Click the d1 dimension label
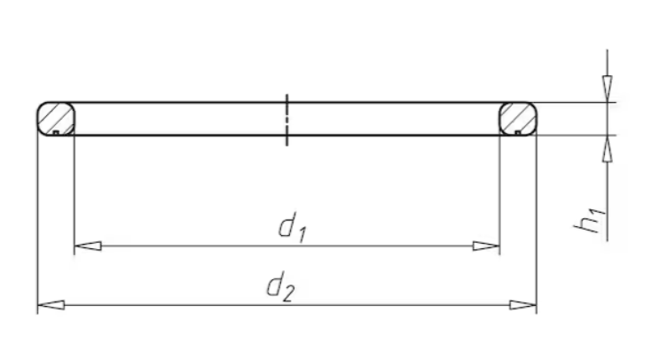coord(293,227)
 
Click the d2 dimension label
coord(281,286)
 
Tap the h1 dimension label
coord(590,220)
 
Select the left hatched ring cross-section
coord(56,119)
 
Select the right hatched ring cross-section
coord(518,119)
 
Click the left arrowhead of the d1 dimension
coord(88,247)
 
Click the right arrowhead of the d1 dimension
coord(486,247)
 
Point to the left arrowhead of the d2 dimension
coord(51,305)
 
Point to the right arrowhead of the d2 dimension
coord(523,305)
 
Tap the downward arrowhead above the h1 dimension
coord(608,89)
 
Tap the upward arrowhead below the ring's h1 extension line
coord(608,148)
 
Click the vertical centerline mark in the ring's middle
coord(286,120)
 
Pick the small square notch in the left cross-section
coord(56,132)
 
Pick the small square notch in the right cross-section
coord(518,132)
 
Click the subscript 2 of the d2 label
coord(289,294)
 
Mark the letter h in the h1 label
coord(584,224)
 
